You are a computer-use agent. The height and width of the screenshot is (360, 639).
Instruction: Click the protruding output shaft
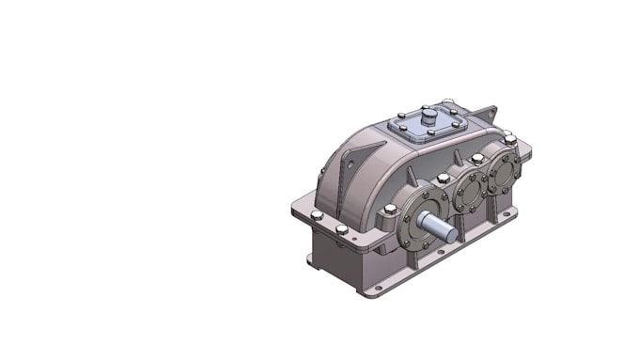(x=438, y=224)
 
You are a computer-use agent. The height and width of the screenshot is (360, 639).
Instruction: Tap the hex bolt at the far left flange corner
(x=317, y=215)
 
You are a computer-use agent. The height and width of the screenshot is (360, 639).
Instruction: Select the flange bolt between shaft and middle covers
(x=443, y=179)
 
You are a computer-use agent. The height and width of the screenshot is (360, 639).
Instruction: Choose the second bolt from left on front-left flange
(x=341, y=229)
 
